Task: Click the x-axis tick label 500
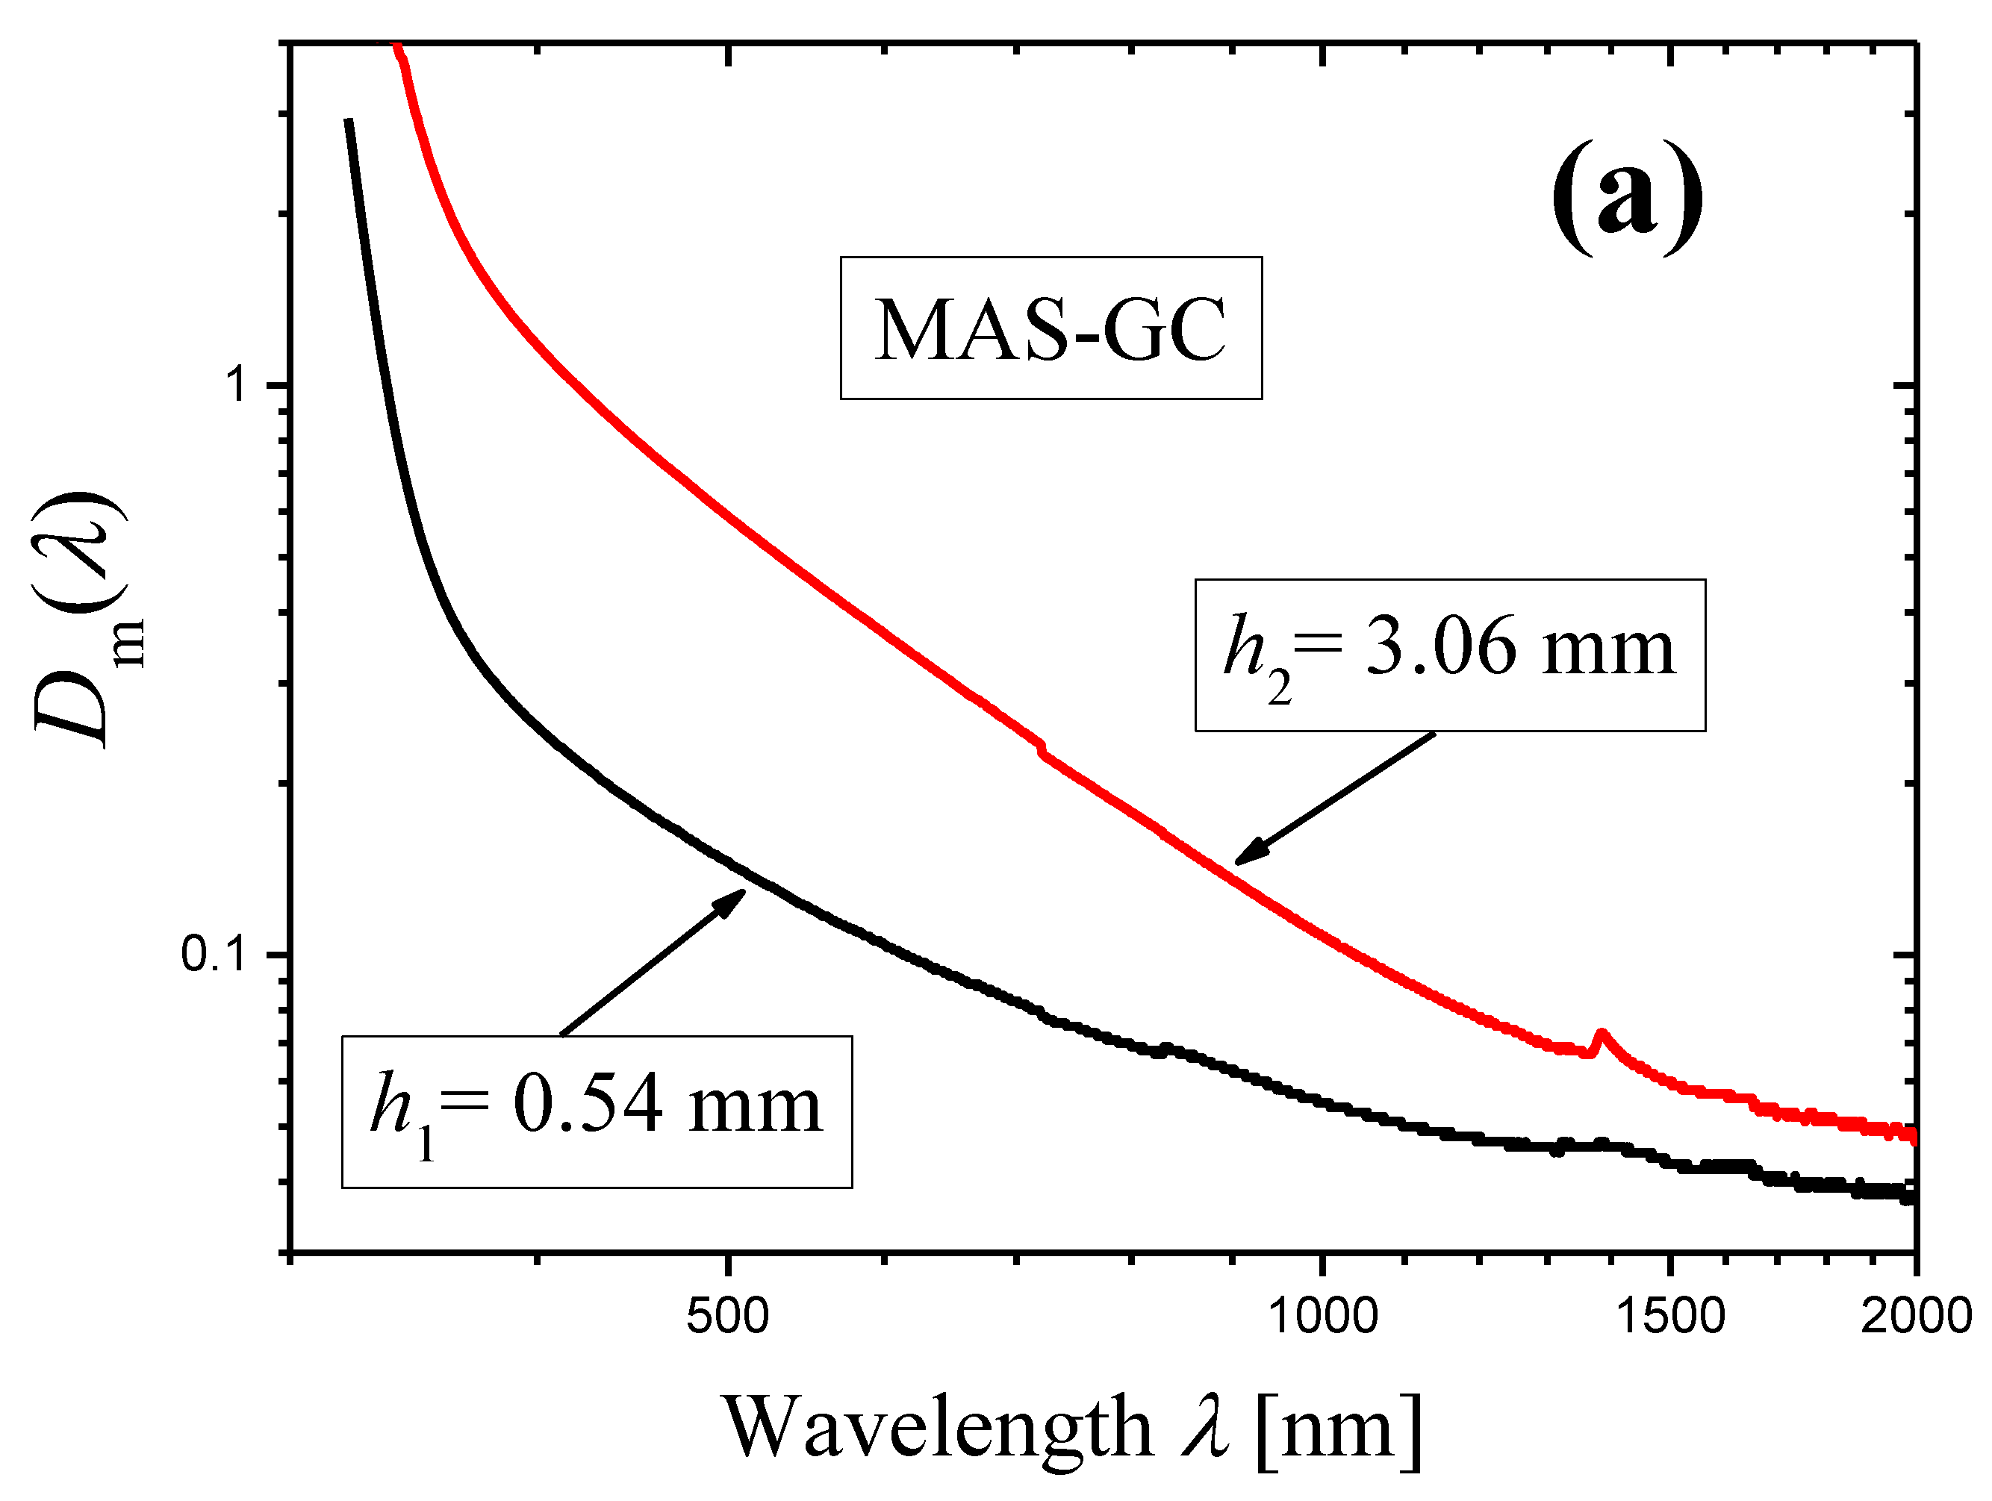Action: (x=726, y=1317)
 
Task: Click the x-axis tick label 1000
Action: (x=1322, y=1317)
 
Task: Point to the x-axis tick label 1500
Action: (x=1669, y=1317)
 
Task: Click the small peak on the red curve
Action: (x=1600, y=1033)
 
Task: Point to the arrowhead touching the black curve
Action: (x=734, y=899)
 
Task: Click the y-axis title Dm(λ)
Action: (x=81, y=621)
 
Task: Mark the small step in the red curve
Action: (x=1042, y=747)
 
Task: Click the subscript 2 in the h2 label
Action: (x=1279, y=690)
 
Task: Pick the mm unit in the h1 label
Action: (x=755, y=1107)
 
